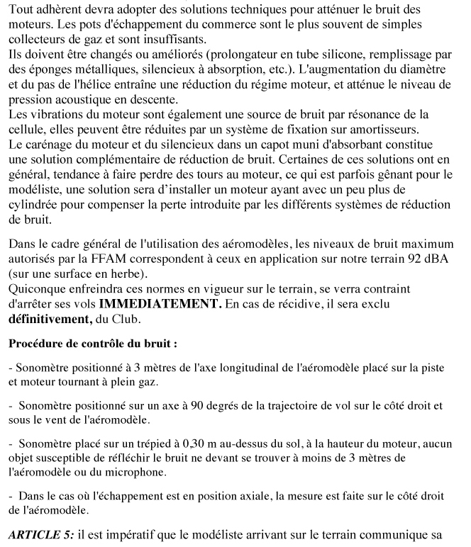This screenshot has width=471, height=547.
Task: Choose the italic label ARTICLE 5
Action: click(x=43, y=533)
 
